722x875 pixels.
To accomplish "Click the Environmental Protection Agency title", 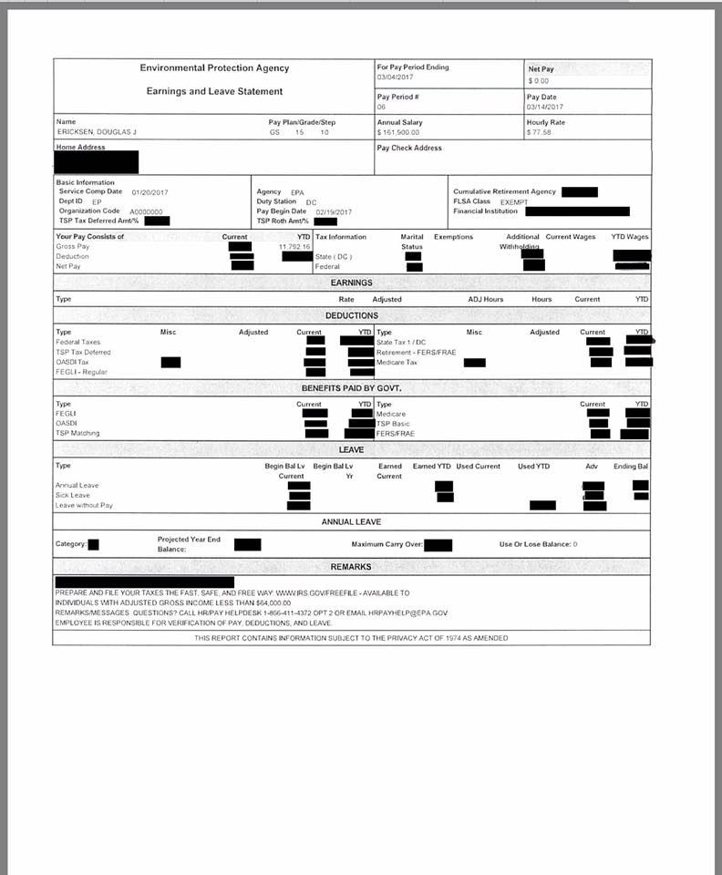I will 214,68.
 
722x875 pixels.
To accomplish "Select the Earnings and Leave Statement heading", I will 214,91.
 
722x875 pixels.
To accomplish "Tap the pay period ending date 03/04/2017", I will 395,77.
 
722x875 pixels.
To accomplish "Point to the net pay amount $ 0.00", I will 538,80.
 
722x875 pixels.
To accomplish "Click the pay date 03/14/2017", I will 545,108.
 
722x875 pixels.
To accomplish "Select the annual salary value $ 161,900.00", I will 400,133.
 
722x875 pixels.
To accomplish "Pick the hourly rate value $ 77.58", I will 539,133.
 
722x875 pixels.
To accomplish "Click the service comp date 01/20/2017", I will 151,192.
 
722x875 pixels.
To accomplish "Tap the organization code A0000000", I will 146,211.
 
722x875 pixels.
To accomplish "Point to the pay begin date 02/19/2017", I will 334,211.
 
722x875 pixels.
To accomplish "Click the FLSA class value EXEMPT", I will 513,201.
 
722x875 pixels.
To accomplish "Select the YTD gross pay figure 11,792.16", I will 294,246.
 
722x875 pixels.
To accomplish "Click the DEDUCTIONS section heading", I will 351,315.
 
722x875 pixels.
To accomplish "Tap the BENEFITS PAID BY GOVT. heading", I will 351,388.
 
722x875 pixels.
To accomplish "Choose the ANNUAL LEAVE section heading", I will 351,522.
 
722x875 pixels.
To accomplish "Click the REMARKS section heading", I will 351,567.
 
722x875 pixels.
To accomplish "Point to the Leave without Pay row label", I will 84,505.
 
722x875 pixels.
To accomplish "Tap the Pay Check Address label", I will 409,148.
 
